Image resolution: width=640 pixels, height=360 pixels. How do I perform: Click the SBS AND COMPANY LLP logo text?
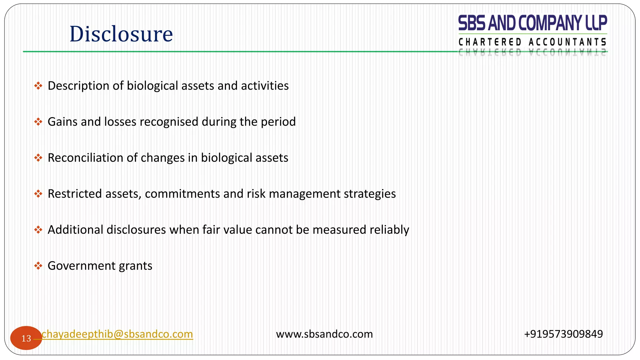pos(532,23)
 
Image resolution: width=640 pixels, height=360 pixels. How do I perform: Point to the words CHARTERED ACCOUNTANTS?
pos(532,42)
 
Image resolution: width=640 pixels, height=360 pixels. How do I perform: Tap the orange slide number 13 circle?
pos(26,338)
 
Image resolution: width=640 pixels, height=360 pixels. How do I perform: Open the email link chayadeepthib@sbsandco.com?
pos(117,334)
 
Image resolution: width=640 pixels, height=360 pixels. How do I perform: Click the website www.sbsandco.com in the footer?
pos(324,334)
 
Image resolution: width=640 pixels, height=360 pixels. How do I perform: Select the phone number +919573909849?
pos(563,334)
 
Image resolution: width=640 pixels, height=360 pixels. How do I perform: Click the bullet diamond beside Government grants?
pos(38,266)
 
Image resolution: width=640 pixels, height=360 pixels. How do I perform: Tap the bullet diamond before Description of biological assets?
pos(38,86)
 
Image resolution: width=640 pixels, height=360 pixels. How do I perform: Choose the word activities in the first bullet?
pos(265,86)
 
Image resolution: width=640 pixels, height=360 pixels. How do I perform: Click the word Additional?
pos(76,230)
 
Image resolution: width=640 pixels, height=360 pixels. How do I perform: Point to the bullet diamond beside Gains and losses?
pos(38,122)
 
